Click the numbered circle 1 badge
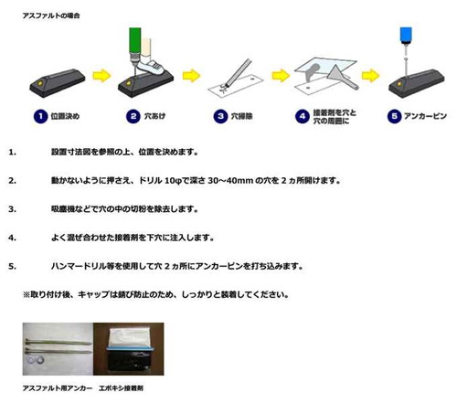click(40, 116)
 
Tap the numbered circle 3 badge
click(220, 116)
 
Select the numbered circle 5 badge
click(394, 116)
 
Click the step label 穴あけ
click(154, 116)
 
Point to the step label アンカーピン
click(425, 116)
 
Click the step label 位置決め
click(65, 116)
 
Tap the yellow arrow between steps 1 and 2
click(101, 76)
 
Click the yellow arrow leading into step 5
click(370, 76)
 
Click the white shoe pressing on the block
click(151, 67)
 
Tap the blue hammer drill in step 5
click(406, 36)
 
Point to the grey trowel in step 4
click(342, 77)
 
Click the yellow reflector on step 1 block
click(40, 83)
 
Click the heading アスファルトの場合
click(51, 16)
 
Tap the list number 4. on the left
click(13, 238)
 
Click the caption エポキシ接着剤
click(121, 388)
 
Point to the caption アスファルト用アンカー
click(58, 388)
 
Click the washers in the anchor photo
click(35, 360)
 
